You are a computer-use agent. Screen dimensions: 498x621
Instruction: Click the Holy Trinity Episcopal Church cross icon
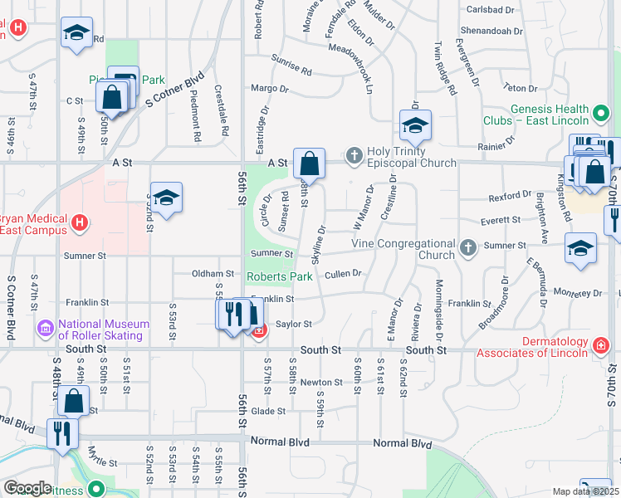point(355,154)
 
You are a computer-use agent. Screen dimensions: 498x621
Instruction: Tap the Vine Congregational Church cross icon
point(468,247)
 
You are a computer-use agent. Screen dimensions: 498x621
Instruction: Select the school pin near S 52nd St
point(166,198)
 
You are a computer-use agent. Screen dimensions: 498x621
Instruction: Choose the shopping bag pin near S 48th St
point(74,401)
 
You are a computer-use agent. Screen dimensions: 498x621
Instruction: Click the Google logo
point(27,488)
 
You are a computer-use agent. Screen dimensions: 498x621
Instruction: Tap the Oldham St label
point(213,273)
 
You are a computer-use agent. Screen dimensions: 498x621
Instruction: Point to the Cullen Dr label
point(344,273)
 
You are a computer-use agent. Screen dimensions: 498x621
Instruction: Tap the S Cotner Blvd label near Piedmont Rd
point(174,88)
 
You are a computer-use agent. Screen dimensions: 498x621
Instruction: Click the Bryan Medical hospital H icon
point(80,222)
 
